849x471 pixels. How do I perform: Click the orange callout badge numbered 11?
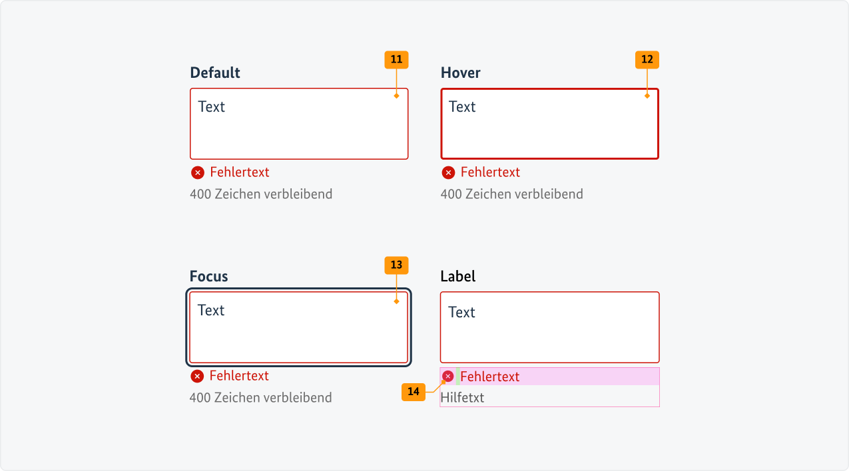[x=396, y=60]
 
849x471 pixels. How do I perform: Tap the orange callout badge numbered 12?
[x=647, y=60]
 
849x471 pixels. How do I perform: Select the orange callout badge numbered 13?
[x=396, y=265]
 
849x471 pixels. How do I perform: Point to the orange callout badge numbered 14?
[x=414, y=392]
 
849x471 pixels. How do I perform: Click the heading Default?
[x=215, y=73]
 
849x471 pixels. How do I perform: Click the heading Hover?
[x=461, y=73]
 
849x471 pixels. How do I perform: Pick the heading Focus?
[x=209, y=276]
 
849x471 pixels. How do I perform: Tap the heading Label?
[x=458, y=276]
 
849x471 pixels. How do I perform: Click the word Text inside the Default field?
[x=212, y=107]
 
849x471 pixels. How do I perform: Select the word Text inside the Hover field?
[x=462, y=107]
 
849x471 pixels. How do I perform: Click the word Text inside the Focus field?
[x=211, y=311]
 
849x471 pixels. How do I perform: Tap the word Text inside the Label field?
[x=461, y=313]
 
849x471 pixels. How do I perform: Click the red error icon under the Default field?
[x=198, y=173]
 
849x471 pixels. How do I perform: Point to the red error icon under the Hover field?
[x=449, y=173]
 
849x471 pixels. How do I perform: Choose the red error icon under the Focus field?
[x=197, y=377]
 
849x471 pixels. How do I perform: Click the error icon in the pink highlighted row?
[x=448, y=377]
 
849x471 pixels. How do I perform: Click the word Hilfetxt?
[x=462, y=398]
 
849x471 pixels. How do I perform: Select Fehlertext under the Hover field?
[x=490, y=172]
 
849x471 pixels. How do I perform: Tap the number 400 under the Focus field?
[x=200, y=398]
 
